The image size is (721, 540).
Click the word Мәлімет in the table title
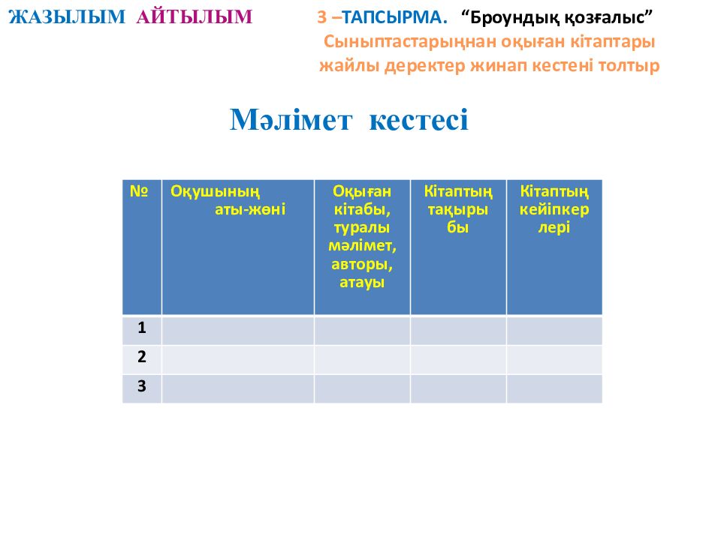tap(290, 119)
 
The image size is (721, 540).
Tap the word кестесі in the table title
tap(419, 119)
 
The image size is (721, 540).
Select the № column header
tap(140, 191)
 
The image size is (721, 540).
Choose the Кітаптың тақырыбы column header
tap(457, 209)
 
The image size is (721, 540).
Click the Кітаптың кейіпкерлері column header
tap(554, 209)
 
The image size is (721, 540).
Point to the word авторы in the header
tap(361, 264)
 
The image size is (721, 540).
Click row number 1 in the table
tap(141, 328)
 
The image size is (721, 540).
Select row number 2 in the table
tap(141, 357)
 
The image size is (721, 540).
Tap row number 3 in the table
tap(141, 386)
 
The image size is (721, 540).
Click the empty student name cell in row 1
tap(237, 330)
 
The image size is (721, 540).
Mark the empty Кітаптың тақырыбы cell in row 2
tap(457, 359)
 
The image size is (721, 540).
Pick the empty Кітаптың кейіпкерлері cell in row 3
tap(554, 388)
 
